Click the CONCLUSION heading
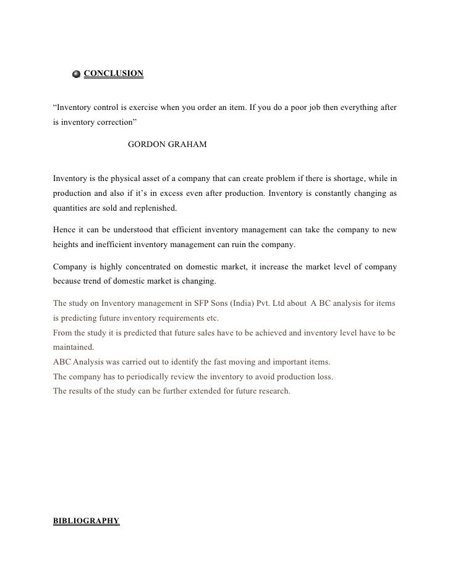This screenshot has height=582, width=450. (x=113, y=74)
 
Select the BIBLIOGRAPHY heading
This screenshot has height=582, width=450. (x=86, y=521)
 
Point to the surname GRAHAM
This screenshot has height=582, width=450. (x=190, y=144)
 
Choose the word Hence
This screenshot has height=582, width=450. (x=64, y=230)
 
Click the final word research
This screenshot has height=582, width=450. (x=272, y=391)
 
